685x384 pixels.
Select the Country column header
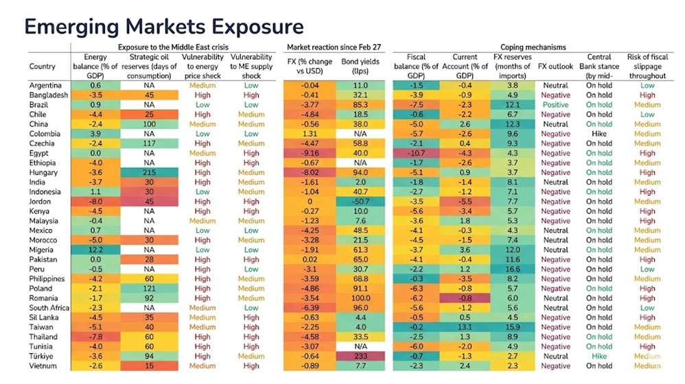(43, 67)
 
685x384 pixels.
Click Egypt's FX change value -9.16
(310, 154)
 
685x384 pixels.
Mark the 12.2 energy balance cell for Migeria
(95, 250)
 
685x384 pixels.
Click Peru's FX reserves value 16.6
(512, 269)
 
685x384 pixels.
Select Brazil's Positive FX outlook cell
(555, 105)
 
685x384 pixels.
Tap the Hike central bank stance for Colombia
(599, 134)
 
